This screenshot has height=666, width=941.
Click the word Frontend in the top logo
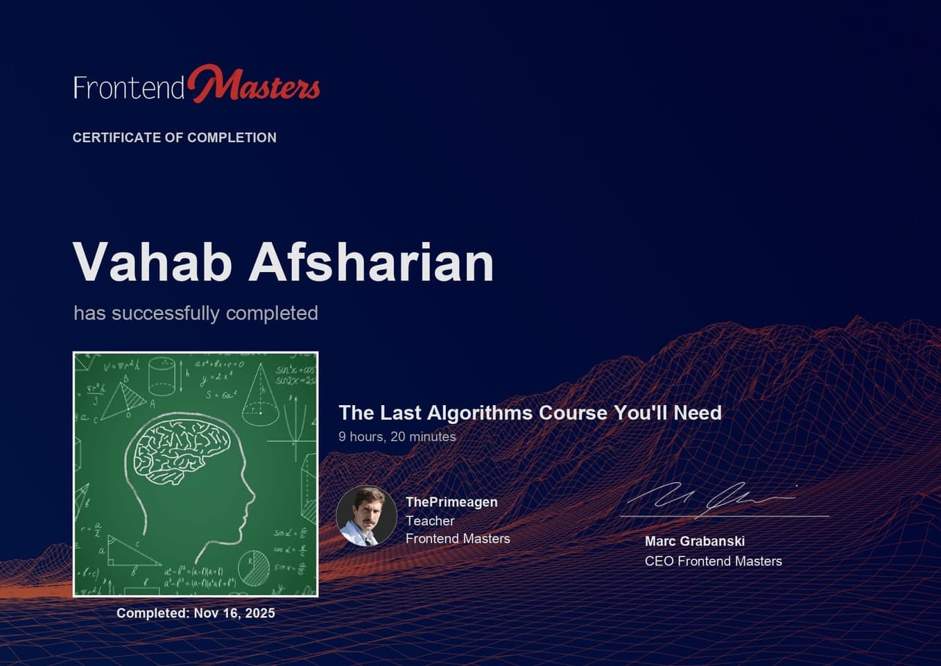pos(129,88)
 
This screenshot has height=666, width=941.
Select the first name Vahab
pos(152,262)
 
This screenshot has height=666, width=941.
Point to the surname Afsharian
pos(371,262)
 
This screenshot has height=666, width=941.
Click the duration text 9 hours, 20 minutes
pos(397,436)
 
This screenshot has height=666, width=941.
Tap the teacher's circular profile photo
pos(366,515)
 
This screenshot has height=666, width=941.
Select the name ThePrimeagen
pos(451,502)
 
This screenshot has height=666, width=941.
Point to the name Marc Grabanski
pos(694,541)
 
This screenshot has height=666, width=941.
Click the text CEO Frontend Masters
pos(713,561)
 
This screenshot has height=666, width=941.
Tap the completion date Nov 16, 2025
pos(234,613)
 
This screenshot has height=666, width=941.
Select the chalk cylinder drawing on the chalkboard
pos(162,376)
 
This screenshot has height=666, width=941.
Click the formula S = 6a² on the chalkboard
pos(221,395)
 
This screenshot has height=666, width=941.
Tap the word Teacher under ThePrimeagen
pos(430,520)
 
